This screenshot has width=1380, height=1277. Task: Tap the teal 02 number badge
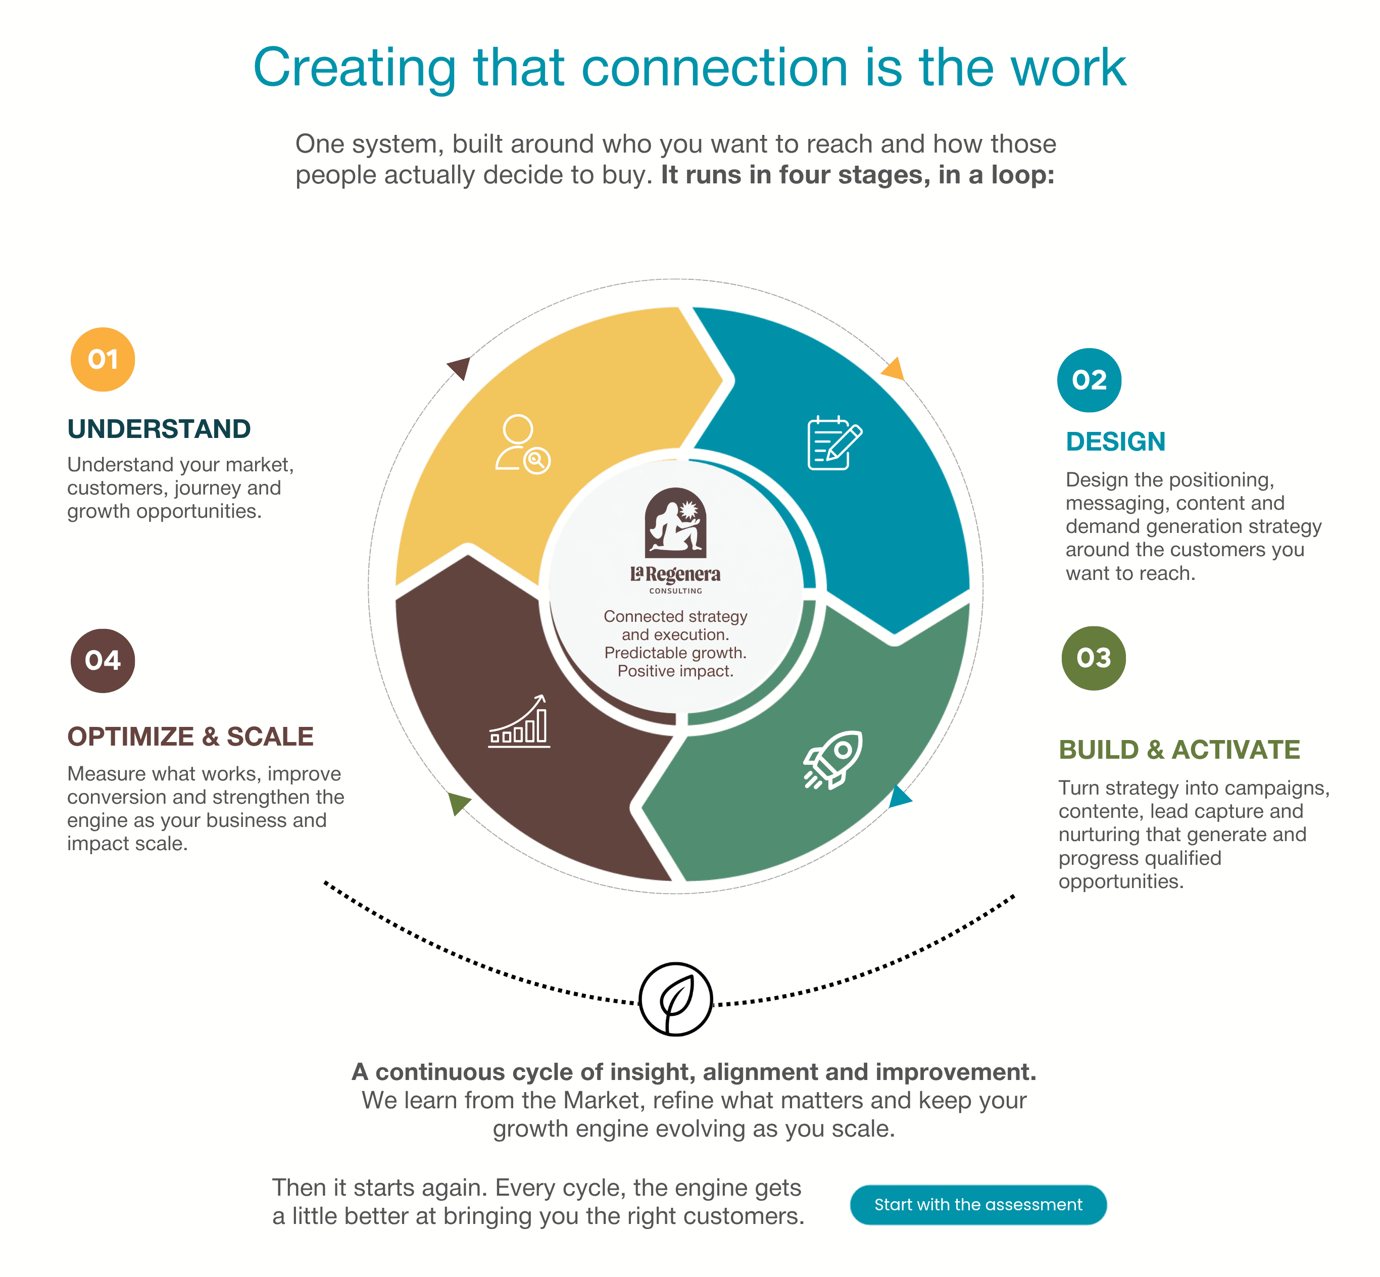click(1089, 380)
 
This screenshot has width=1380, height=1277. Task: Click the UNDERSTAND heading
click(159, 429)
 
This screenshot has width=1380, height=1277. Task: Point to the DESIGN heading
click(1115, 441)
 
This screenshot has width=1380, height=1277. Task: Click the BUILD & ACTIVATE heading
click(1179, 750)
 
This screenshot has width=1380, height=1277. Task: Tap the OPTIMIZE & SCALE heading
click(190, 736)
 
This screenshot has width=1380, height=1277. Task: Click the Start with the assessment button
click(978, 1204)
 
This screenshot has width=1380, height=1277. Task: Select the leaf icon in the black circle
click(676, 999)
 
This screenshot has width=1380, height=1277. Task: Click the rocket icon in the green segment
click(833, 759)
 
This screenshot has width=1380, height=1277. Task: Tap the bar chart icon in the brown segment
click(519, 721)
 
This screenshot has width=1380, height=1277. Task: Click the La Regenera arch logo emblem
click(675, 522)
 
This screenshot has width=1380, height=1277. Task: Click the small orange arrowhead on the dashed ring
click(894, 369)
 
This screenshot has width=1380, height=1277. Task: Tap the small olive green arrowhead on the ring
click(458, 803)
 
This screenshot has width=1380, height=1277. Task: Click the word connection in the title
click(715, 68)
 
